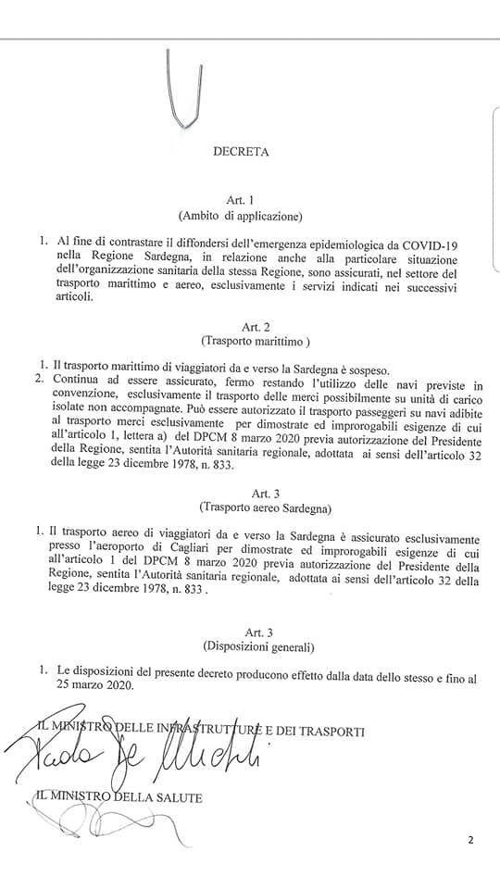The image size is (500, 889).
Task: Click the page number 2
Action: tap(470, 840)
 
